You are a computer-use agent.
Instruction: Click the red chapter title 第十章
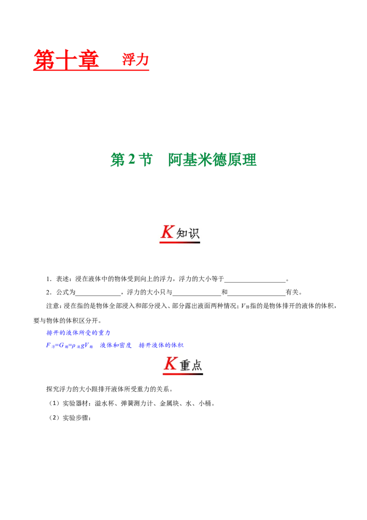(x=66, y=60)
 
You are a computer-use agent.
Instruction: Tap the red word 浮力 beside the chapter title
(x=135, y=60)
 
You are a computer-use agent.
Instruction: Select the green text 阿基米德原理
(x=212, y=160)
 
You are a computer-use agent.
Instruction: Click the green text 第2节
(x=131, y=160)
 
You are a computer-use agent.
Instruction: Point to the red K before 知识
(x=167, y=232)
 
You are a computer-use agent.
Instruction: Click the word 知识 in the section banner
(x=188, y=233)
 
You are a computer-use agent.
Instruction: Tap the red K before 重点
(x=171, y=363)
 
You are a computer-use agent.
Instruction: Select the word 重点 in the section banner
(x=191, y=365)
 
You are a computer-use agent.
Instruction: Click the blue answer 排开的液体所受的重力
(x=78, y=333)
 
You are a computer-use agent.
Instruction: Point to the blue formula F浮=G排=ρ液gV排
(x=70, y=345)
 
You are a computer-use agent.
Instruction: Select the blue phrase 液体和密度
(x=116, y=345)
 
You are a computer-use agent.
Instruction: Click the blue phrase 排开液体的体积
(x=161, y=345)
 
